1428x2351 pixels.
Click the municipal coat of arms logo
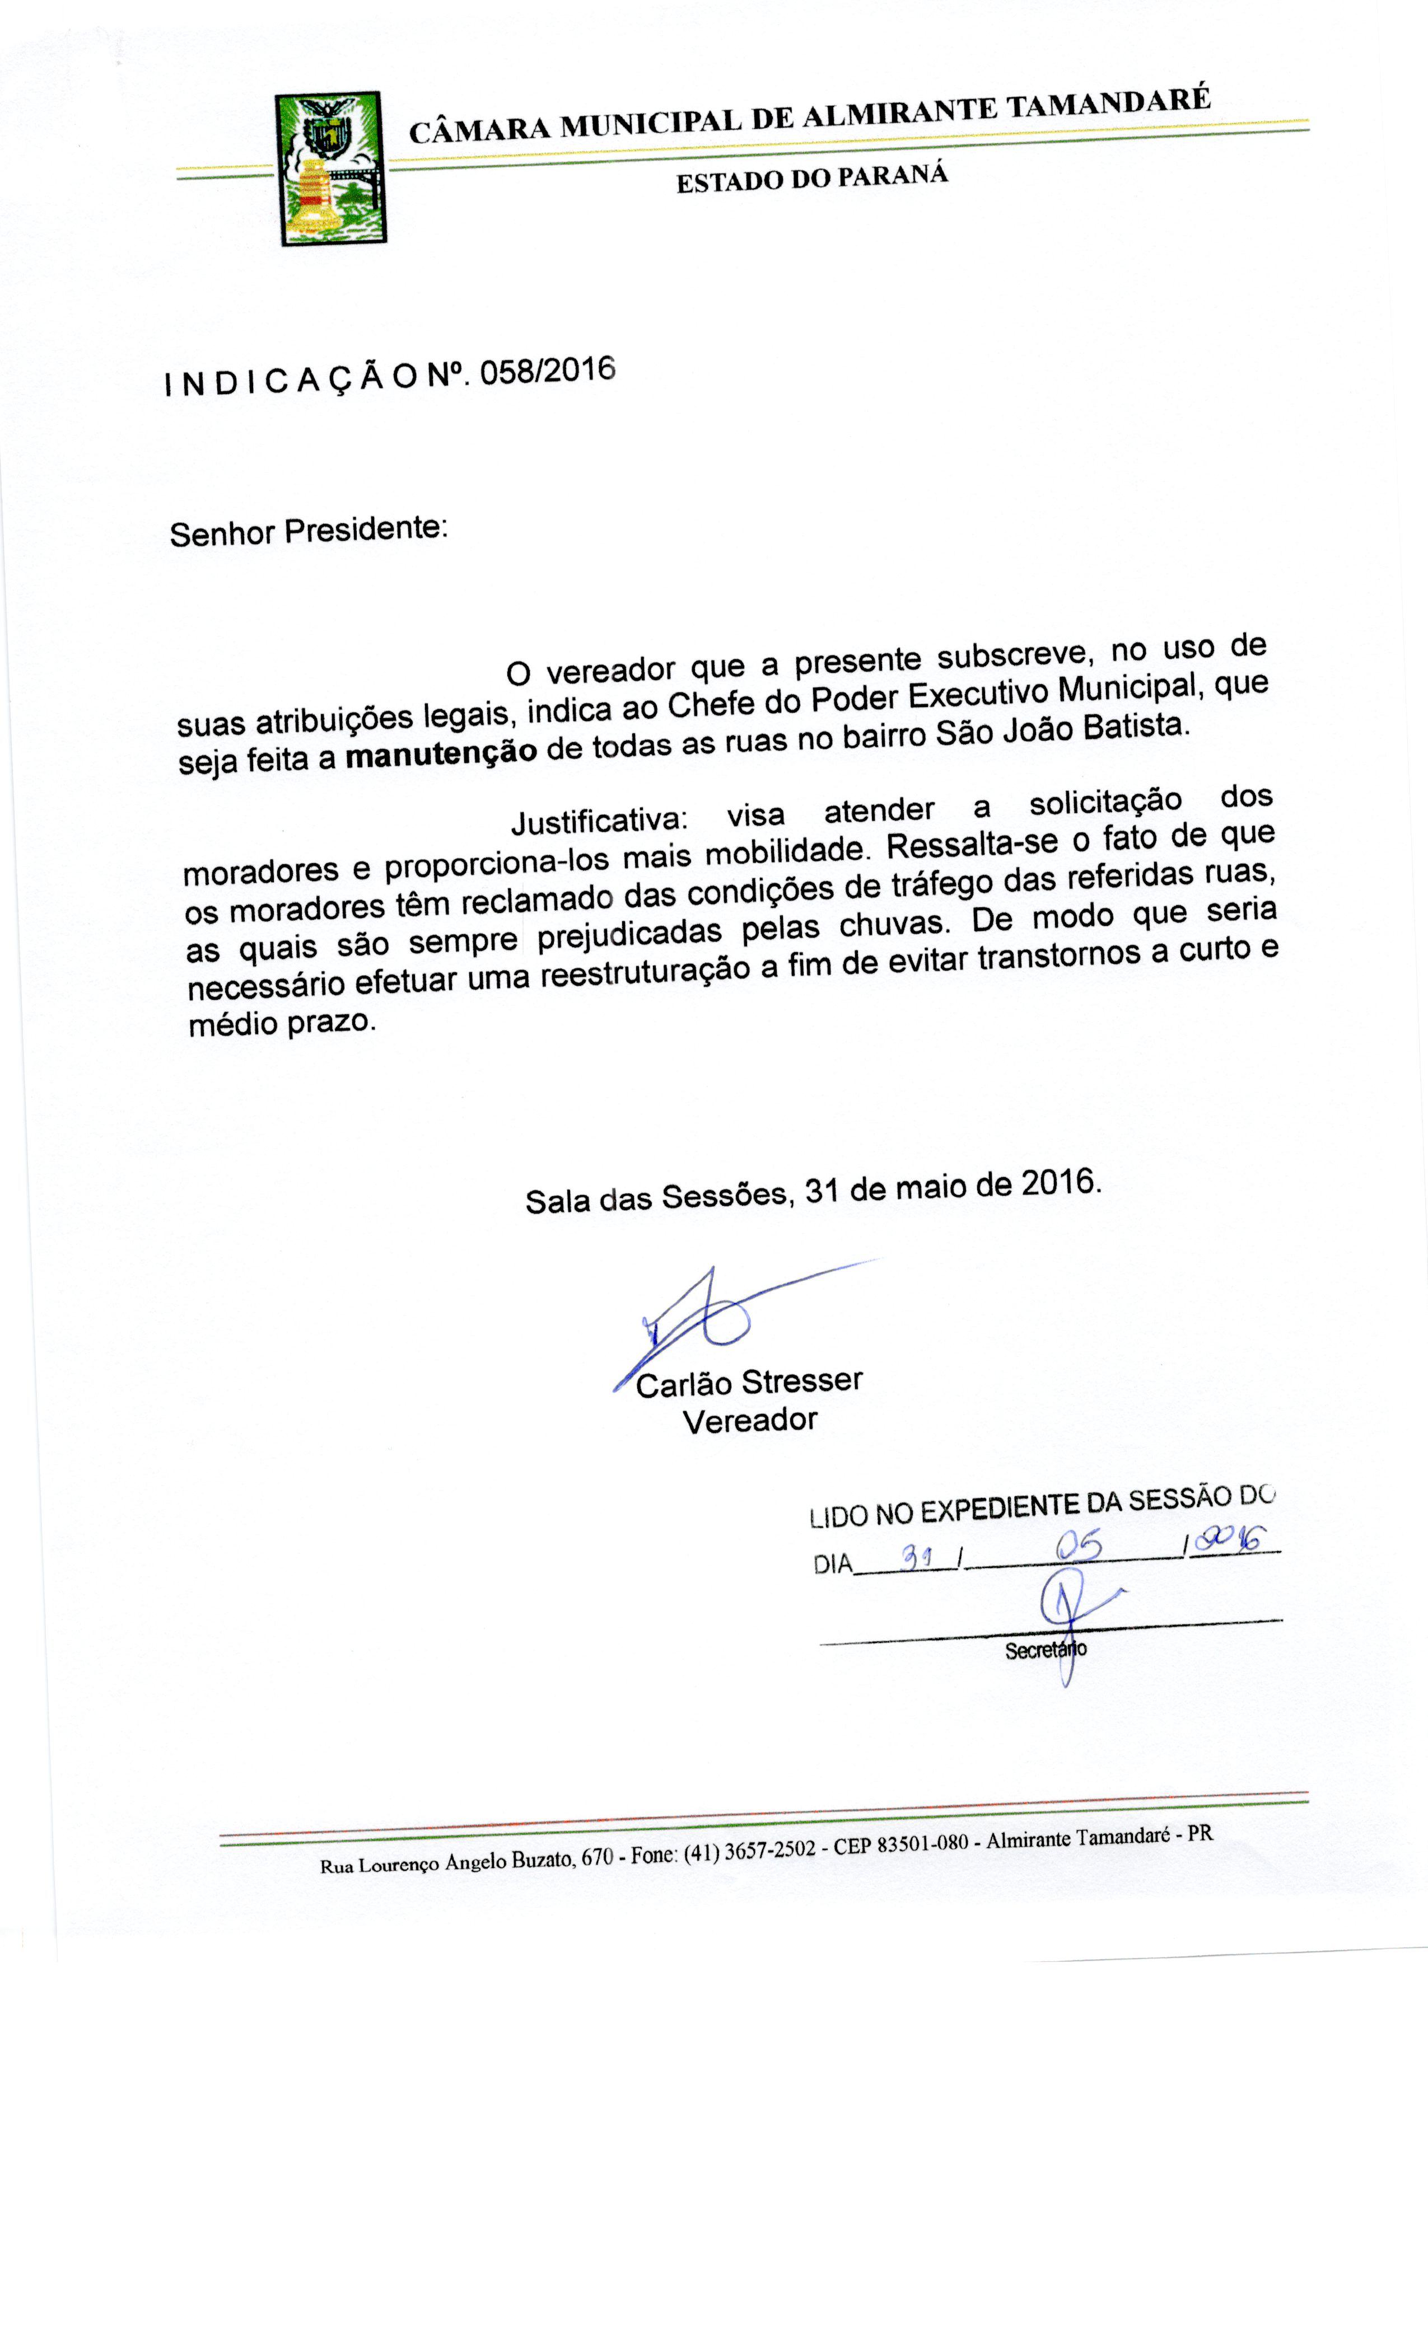[330, 169]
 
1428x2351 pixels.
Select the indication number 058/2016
[547, 371]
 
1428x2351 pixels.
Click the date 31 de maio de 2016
[953, 1186]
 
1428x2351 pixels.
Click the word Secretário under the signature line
[1045, 1650]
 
